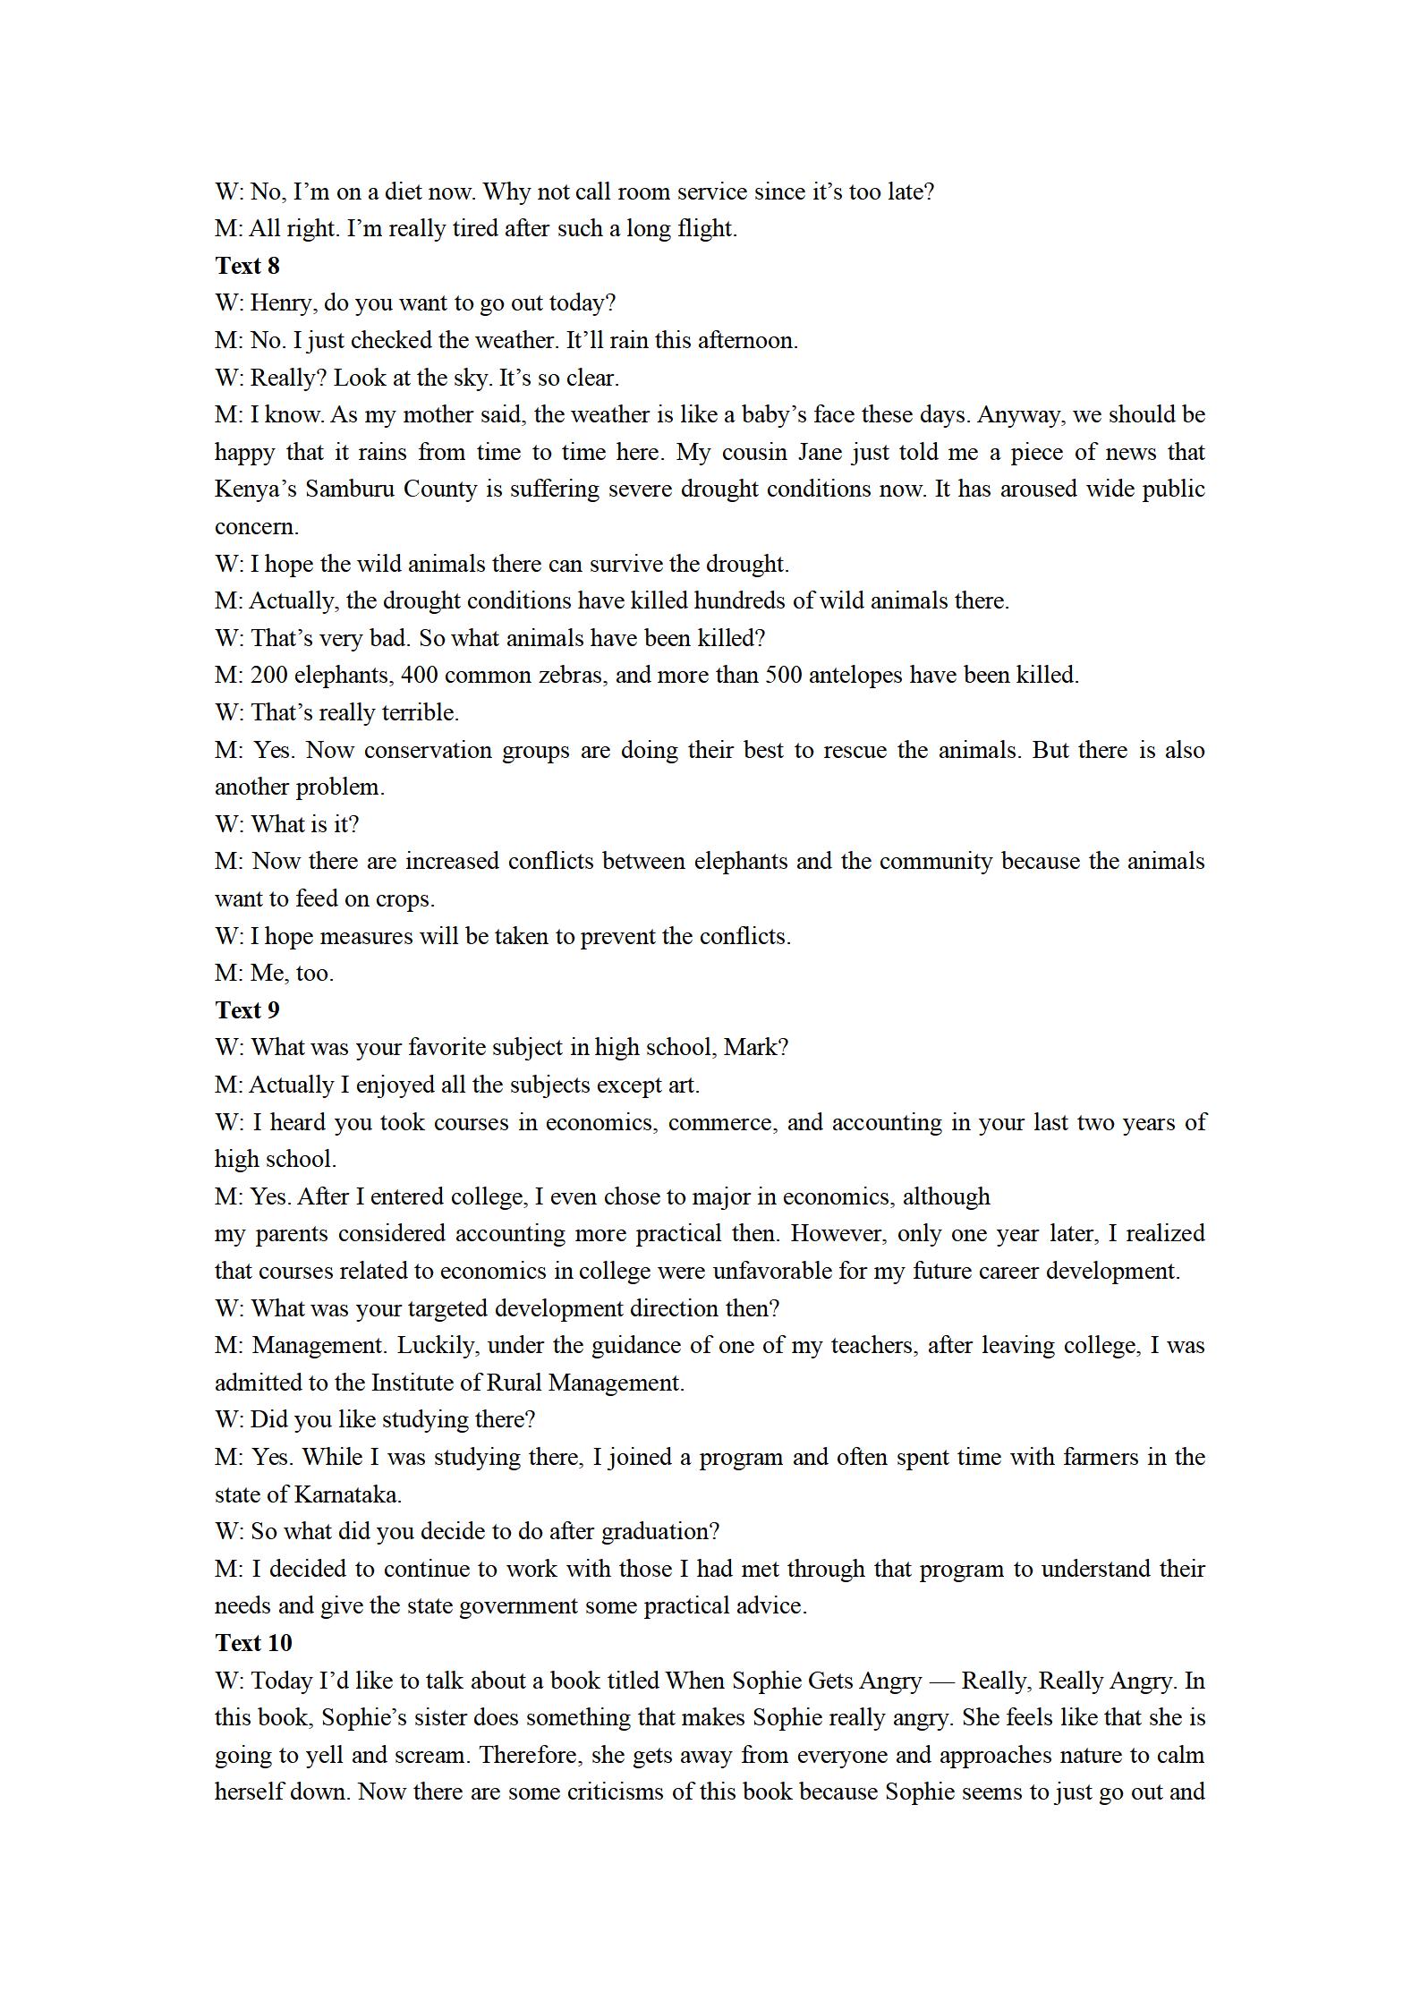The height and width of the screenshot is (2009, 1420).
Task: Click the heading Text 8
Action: tap(247, 266)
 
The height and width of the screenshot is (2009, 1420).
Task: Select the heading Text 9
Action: tap(247, 1010)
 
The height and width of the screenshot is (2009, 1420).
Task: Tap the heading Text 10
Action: tap(253, 1643)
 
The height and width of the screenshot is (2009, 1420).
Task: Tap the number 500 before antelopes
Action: tap(784, 676)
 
